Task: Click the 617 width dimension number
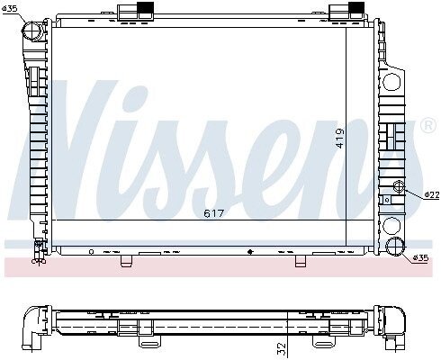click(x=214, y=213)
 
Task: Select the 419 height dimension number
click(x=340, y=139)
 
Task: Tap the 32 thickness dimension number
click(x=282, y=348)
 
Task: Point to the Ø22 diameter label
click(x=432, y=195)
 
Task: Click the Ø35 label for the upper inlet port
click(x=10, y=8)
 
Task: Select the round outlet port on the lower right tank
click(x=395, y=247)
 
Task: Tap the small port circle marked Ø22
click(x=399, y=186)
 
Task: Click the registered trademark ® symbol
click(x=428, y=126)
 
